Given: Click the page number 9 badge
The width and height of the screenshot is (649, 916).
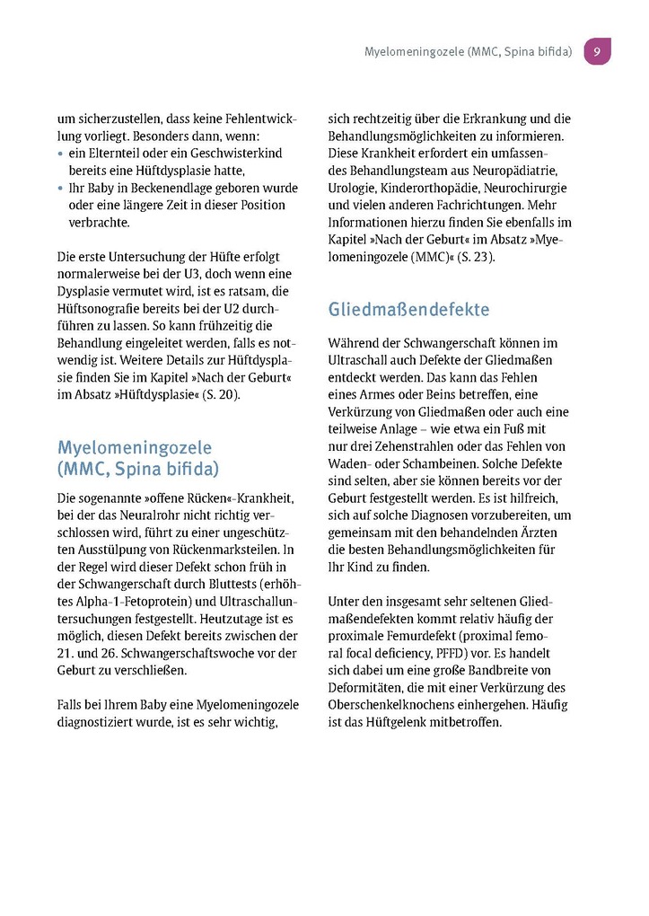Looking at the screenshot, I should click(597, 51).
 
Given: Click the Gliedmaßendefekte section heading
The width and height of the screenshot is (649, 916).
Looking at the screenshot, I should click(409, 310).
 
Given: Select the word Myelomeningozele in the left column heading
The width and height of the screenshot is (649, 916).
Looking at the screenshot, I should click(135, 447).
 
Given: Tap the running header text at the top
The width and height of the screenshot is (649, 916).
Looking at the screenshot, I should click(468, 52).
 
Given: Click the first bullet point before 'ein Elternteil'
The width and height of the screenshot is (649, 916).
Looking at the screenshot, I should click(60, 154).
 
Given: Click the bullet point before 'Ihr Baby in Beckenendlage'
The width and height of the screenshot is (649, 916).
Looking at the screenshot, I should click(60, 188).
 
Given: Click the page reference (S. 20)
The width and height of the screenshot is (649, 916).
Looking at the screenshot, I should click(221, 394).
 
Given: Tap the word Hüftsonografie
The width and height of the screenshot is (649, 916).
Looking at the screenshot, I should click(101, 308).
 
